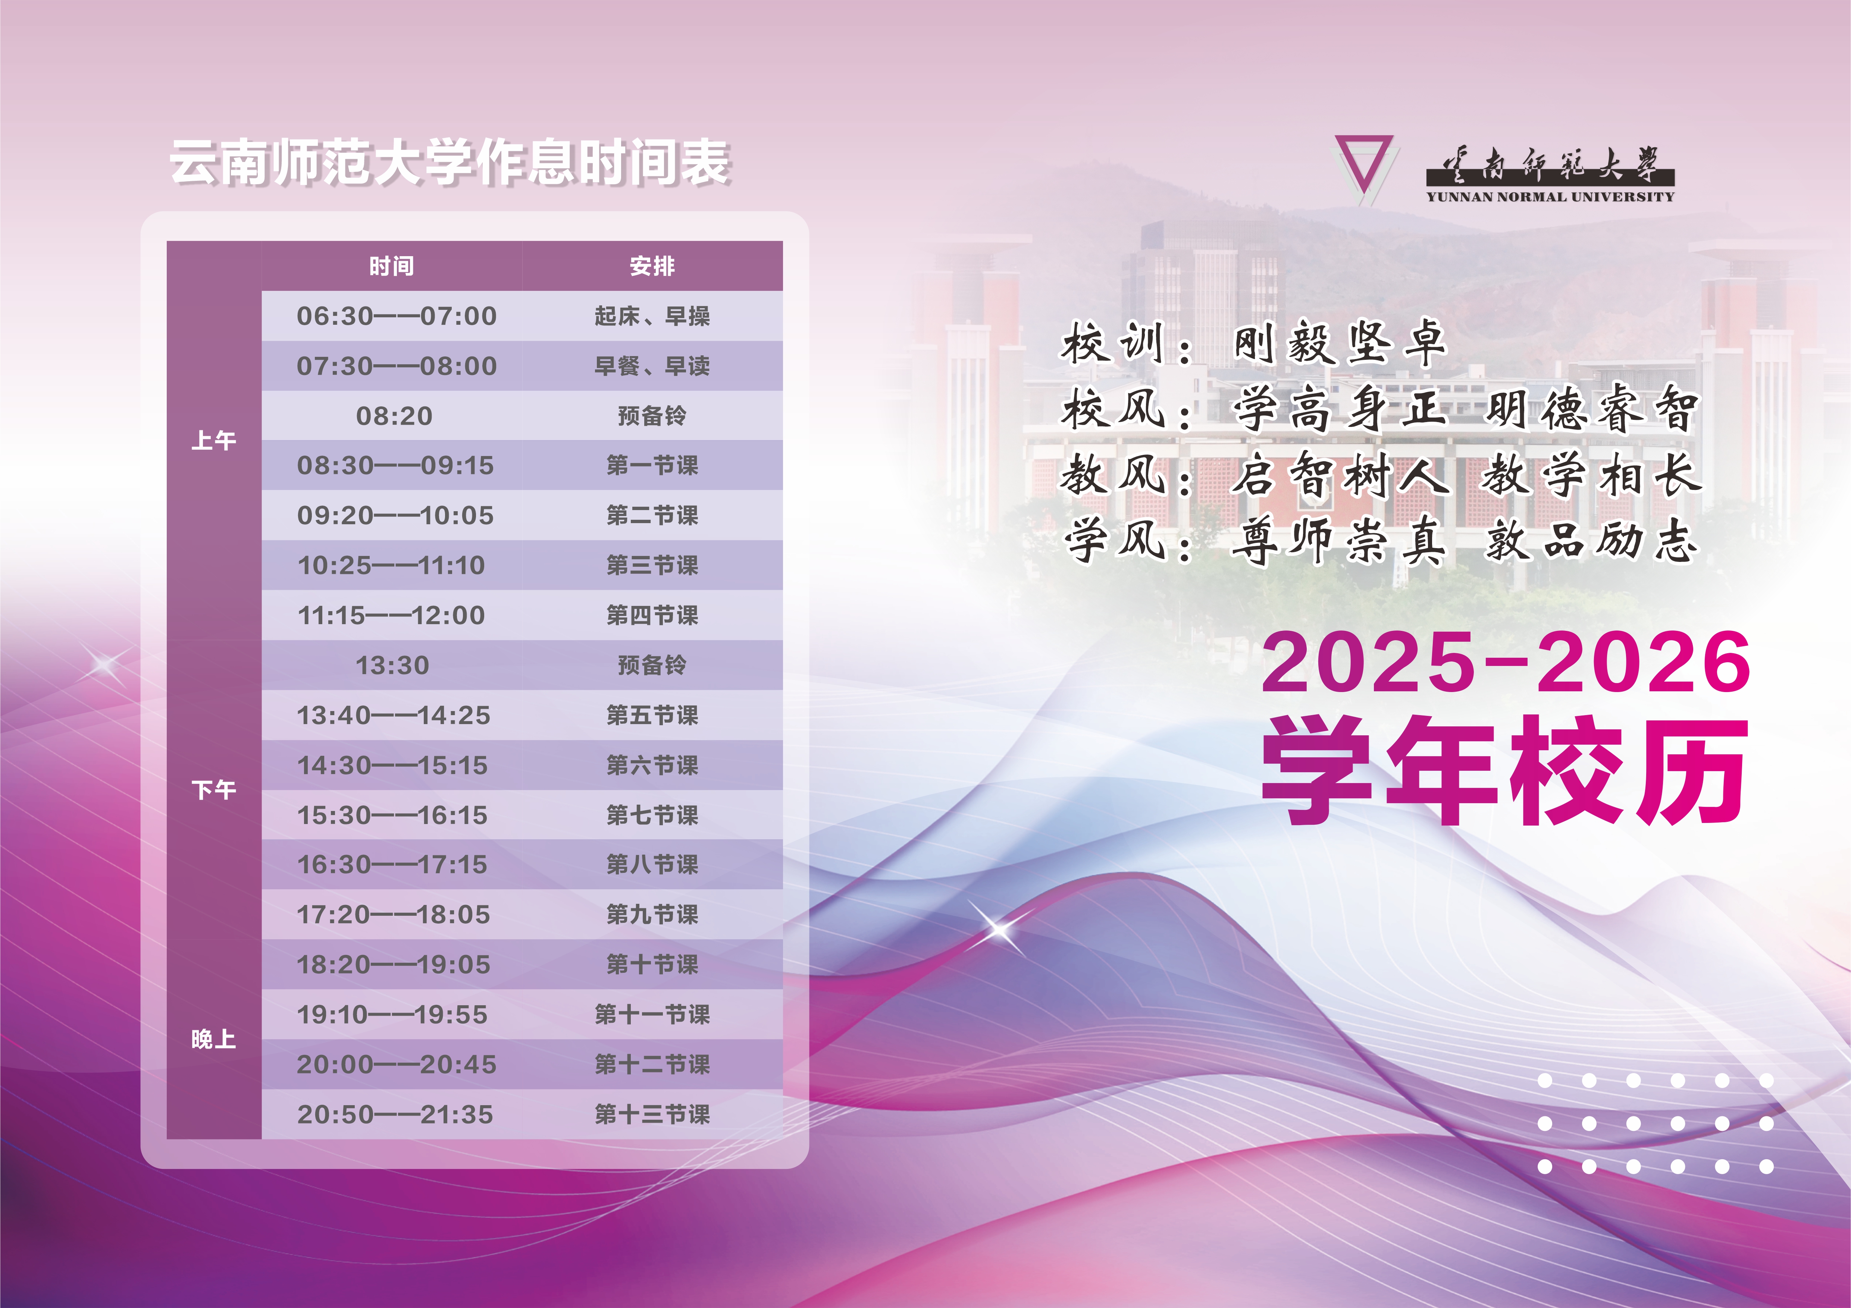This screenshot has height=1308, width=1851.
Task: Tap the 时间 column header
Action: [392, 266]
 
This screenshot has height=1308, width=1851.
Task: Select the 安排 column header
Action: [652, 266]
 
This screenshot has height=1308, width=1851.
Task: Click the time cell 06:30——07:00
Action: [397, 316]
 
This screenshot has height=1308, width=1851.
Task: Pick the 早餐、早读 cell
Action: [652, 366]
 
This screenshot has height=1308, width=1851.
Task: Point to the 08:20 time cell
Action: [394, 416]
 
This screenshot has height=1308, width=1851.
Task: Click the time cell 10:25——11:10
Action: [392, 565]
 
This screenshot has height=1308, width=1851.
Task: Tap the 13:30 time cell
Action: [392, 665]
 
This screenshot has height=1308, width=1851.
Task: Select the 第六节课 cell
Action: [652, 765]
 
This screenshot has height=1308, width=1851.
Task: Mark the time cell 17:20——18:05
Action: [394, 915]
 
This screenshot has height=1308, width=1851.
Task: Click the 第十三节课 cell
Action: [652, 1114]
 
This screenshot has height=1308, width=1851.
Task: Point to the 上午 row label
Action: [214, 440]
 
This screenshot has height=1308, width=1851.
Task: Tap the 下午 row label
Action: [214, 790]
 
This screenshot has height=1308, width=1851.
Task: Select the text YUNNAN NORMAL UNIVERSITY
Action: [1550, 196]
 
